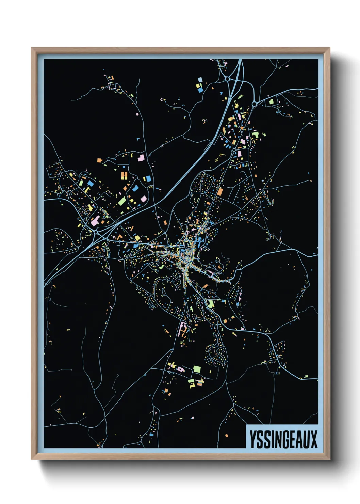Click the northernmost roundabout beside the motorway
[x=227, y=79]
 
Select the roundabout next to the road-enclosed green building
[x=254, y=103]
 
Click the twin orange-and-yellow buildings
[x=124, y=176]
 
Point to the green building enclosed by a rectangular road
[x=271, y=101]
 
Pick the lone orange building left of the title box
[x=227, y=435]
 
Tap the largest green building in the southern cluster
[x=197, y=368]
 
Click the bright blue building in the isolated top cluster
[x=200, y=90]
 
